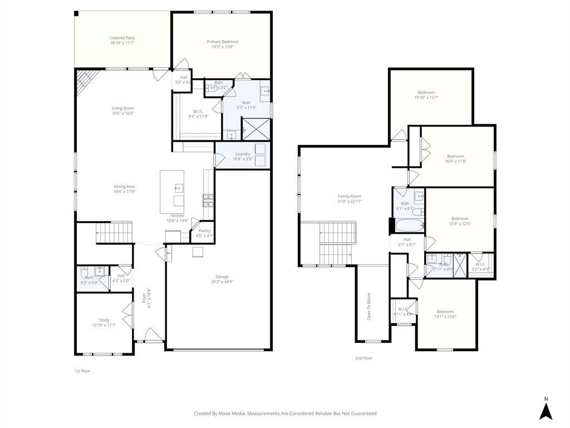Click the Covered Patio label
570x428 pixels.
122,38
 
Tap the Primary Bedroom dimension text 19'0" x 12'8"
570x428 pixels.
223,47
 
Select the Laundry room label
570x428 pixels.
243,154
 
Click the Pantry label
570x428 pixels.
204,231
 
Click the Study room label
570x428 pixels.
104,320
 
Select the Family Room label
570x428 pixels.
349,196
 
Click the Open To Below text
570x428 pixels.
368,306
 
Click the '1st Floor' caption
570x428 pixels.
82,371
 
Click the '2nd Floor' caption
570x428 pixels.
363,358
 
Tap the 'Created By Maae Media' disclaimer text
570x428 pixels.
285,414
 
